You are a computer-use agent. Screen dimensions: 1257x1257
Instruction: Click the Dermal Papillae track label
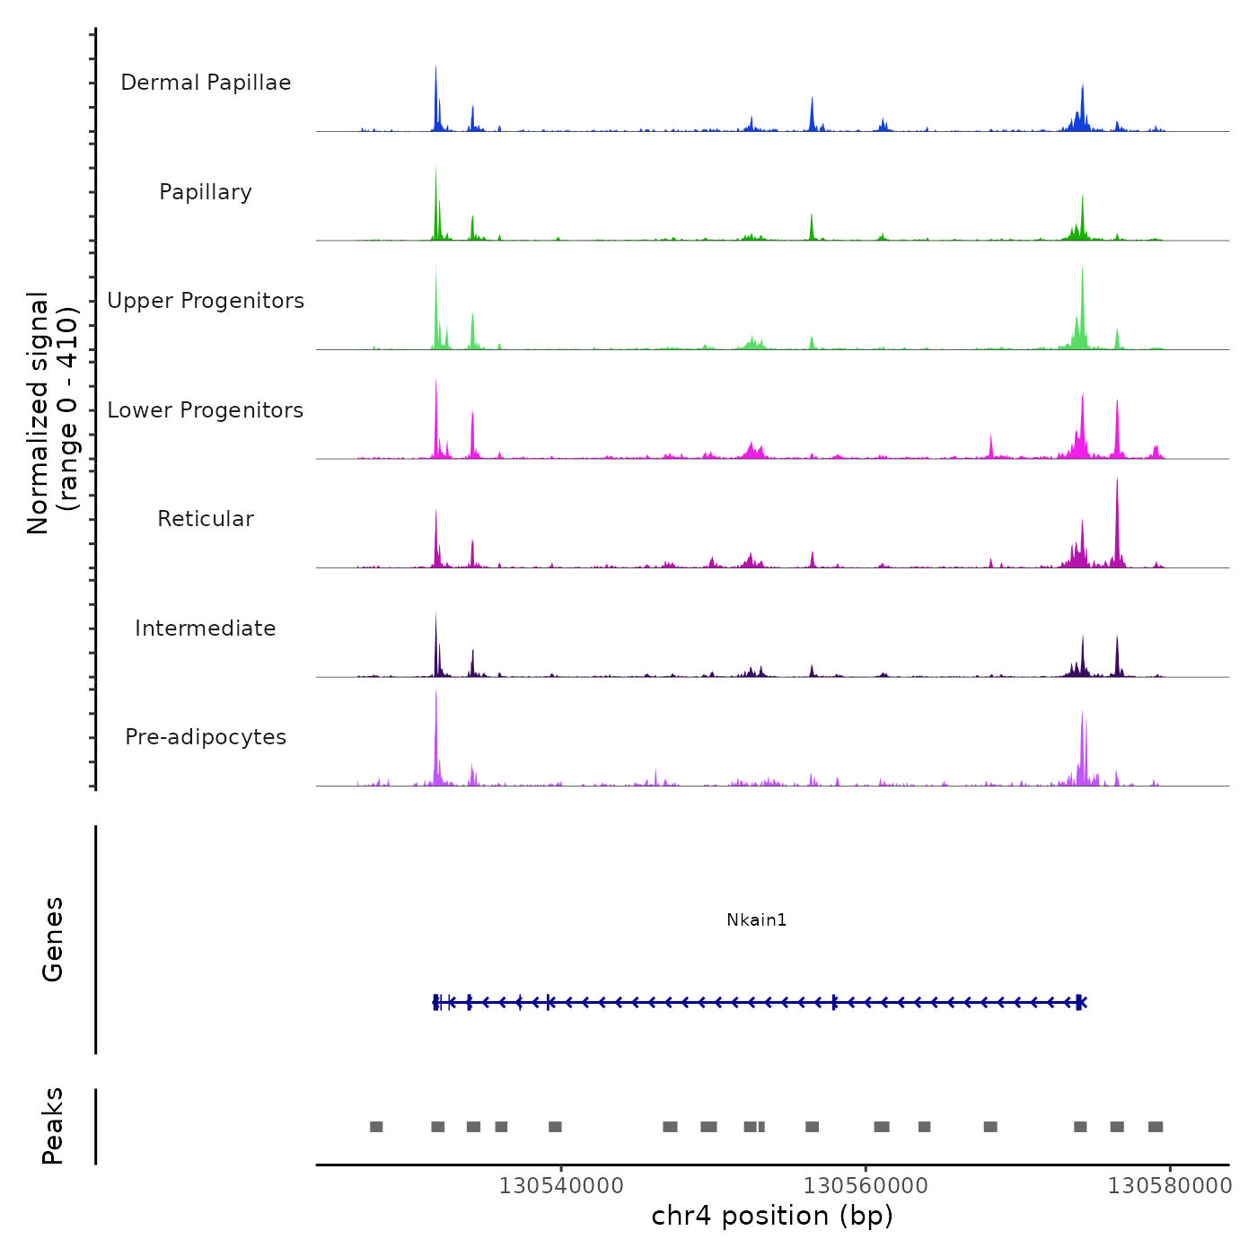pyautogui.click(x=206, y=83)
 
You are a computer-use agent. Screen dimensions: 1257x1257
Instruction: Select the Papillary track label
pyautogui.click(x=206, y=192)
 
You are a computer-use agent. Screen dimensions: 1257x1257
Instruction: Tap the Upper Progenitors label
pyautogui.click(x=206, y=301)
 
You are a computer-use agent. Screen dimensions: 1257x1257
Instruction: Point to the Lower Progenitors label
pyautogui.click(x=206, y=410)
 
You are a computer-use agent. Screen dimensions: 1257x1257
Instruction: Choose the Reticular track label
pyautogui.click(x=206, y=519)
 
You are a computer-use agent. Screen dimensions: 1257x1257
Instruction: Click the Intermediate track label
pyautogui.click(x=206, y=628)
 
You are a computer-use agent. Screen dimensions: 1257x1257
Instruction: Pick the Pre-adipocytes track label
pyautogui.click(x=206, y=737)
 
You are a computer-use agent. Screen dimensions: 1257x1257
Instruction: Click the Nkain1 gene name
pyautogui.click(x=756, y=919)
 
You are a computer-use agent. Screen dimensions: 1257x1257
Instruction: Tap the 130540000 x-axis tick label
pyautogui.click(x=561, y=1185)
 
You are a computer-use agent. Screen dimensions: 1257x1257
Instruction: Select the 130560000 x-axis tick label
pyautogui.click(x=866, y=1185)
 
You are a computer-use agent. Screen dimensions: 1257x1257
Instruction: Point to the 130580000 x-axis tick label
pyautogui.click(x=1170, y=1185)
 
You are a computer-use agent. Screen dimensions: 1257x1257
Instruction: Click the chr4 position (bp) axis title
pyautogui.click(x=772, y=1216)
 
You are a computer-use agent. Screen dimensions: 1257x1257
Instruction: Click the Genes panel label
pyautogui.click(x=52, y=939)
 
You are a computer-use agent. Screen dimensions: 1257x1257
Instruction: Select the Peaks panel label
pyautogui.click(x=52, y=1126)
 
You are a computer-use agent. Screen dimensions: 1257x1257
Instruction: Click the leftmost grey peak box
pyautogui.click(x=376, y=1127)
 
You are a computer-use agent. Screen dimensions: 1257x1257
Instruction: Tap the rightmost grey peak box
pyautogui.click(x=1156, y=1127)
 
